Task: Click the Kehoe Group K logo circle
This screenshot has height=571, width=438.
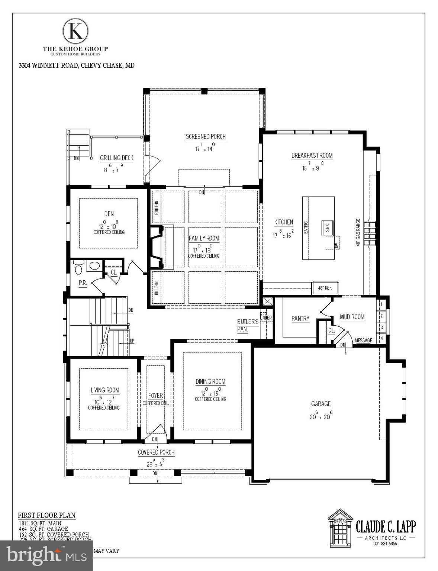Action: (x=75, y=31)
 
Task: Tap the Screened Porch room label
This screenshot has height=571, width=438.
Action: (x=206, y=137)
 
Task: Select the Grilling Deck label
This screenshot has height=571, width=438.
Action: (x=116, y=158)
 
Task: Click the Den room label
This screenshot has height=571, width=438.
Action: (x=109, y=214)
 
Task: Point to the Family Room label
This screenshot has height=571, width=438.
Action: (x=204, y=238)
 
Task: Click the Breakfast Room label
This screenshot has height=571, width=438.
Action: (x=312, y=156)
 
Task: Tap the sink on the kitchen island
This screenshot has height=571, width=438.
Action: (x=328, y=228)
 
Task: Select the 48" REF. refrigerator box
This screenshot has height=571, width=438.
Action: (x=325, y=288)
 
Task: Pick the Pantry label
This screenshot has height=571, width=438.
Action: (x=300, y=319)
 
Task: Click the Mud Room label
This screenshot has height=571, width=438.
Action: (x=352, y=317)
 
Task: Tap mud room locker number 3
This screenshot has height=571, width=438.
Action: (x=381, y=328)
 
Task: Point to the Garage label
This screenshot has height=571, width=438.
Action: (x=321, y=404)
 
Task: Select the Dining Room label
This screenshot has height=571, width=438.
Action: (x=210, y=381)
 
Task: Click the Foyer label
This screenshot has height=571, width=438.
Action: (x=155, y=396)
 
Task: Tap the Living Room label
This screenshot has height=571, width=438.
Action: (x=105, y=390)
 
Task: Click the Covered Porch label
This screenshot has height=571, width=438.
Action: (x=156, y=452)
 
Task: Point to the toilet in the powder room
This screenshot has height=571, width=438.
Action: (x=78, y=269)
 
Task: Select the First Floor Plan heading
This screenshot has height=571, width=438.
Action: (x=47, y=515)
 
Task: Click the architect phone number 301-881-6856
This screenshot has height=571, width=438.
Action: (x=385, y=543)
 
